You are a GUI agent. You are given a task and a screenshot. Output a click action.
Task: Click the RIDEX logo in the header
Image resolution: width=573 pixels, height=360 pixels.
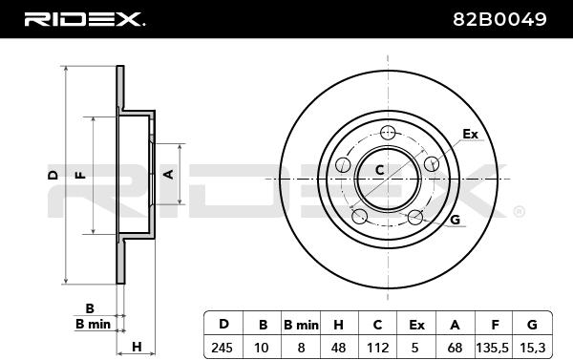click(x=84, y=19)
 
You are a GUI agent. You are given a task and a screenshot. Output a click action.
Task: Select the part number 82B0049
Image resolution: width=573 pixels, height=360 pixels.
click(x=499, y=19)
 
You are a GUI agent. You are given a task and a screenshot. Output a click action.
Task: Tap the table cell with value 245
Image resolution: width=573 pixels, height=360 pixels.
click(x=222, y=348)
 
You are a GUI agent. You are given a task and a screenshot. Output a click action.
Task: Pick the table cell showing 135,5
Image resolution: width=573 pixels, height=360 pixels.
click(x=492, y=348)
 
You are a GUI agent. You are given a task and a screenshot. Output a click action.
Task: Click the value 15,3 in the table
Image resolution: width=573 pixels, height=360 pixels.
click(x=533, y=348)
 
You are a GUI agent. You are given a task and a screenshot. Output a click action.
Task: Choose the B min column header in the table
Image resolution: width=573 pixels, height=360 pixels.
click(x=301, y=325)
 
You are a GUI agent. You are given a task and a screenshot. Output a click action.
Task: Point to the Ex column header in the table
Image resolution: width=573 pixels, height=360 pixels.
click(x=416, y=325)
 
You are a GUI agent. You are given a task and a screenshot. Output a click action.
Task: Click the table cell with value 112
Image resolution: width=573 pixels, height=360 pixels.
click(x=377, y=348)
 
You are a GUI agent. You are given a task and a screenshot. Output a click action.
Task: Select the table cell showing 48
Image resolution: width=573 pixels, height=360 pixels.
click(x=338, y=348)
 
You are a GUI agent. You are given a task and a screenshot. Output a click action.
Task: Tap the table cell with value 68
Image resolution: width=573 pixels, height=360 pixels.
click(x=455, y=348)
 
